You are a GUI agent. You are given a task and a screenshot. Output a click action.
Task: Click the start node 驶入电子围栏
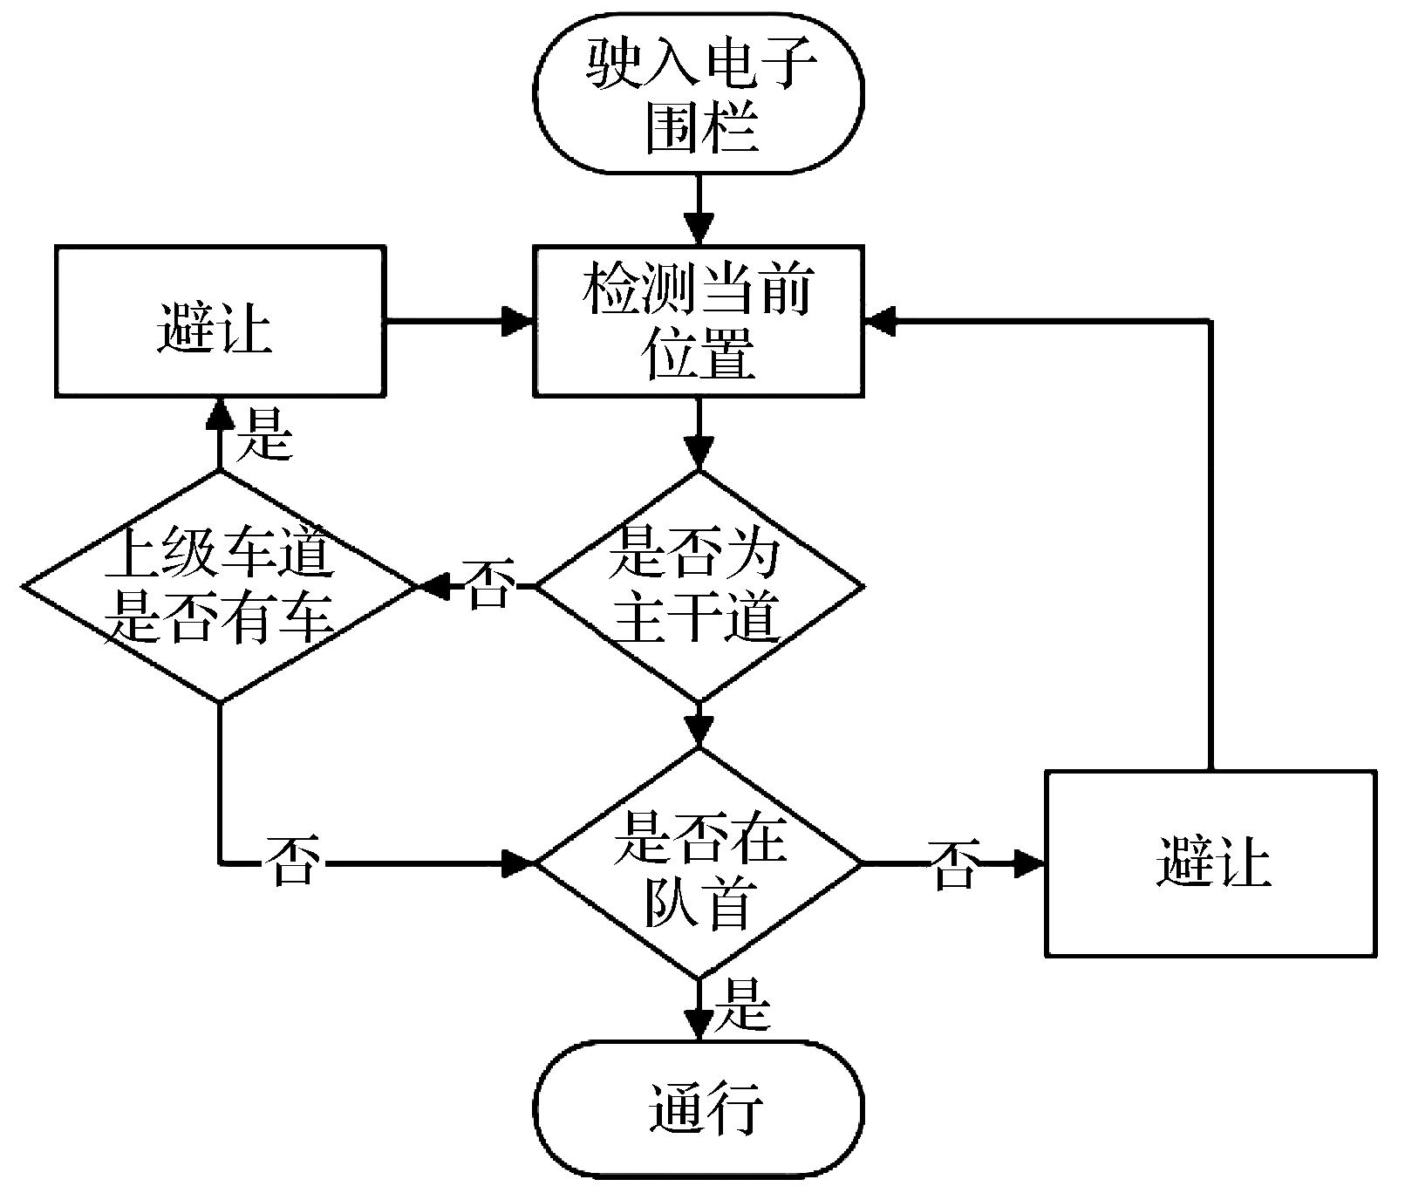(699, 92)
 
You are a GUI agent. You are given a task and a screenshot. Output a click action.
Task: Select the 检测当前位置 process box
(699, 321)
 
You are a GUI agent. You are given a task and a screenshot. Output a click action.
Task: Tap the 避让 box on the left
(219, 321)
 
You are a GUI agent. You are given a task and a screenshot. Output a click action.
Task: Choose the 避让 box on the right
(1211, 862)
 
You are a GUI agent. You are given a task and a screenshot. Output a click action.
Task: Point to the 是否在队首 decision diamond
(699, 863)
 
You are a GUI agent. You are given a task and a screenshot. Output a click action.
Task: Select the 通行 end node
(699, 1108)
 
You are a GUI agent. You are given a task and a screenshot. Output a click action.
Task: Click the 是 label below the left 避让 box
(266, 433)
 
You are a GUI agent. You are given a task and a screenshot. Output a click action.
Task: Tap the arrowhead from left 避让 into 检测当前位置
(518, 322)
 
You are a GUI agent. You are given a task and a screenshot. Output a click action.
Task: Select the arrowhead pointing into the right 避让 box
(1031, 864)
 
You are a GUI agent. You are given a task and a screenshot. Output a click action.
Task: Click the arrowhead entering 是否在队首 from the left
(518, 864)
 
